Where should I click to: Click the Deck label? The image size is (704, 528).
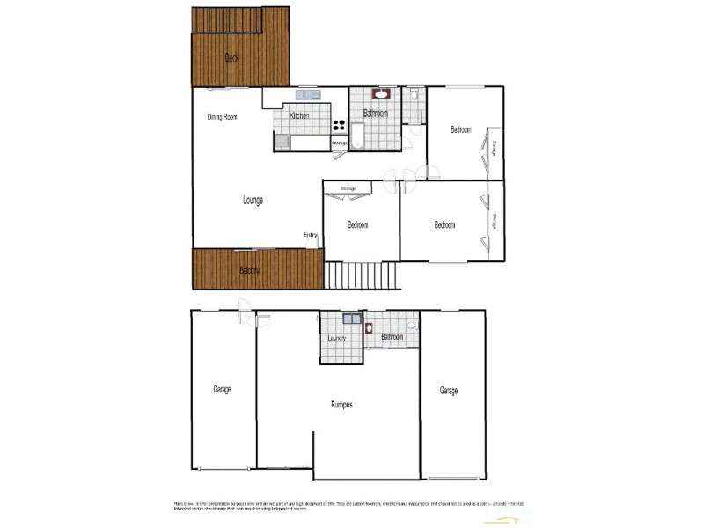click(232, 59)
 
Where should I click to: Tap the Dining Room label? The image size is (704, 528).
click(223, 117)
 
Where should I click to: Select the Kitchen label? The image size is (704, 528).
click(300, 116)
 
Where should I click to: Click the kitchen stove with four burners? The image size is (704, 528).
click(339, 124)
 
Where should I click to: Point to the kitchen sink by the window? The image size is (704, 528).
click(307, 94)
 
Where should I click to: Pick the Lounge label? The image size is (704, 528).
click(253, 200)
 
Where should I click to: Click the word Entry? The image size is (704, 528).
click(311, 234)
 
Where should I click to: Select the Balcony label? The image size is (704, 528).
click(250, 270)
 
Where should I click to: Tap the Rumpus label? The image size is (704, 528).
click(341, 405)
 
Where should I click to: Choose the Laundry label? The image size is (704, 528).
click(336, 339)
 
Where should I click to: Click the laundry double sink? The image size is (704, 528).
click(349, 320)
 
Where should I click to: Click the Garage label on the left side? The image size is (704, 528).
click(222, 388)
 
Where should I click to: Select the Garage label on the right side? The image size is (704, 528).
click(449, 391)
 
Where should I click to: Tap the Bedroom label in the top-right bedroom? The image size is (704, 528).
click(461, 130)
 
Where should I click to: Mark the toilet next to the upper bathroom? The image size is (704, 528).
click(413, 95)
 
